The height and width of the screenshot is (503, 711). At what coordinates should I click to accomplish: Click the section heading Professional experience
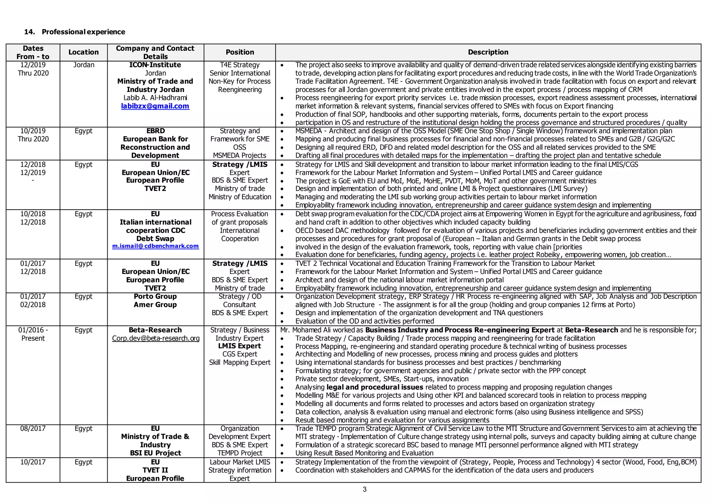pyautogui.click(x=83, y=32)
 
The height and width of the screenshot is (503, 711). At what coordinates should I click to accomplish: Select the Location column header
pyautogui.click(x=83, y=52)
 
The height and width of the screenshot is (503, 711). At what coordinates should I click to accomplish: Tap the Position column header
pyautogui.click(x=240, y=52)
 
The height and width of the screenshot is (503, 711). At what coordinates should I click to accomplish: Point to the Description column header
pyautogui.click(x=488, y=52)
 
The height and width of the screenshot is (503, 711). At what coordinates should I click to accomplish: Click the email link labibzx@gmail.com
pyautogui.click(x=155, y=106)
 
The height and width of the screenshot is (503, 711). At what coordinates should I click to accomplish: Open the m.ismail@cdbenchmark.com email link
pyautogui.click(x=155, y=246)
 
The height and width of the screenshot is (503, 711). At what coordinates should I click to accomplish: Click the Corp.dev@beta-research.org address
pyautogui.click(x=156, y=338)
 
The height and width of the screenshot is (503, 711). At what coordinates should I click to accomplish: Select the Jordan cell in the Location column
pyautogui.click(x=84, y=65)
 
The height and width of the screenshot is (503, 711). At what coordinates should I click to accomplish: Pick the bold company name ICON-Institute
pyautogui.click(x=155, y=65)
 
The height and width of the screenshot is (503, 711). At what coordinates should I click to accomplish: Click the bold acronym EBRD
pyautogui.click(x=155, y=131)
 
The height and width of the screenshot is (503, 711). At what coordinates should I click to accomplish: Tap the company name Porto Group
pyautogui.click(x=155, y=296)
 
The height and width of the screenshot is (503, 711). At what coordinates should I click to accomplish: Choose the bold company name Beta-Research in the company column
pyautogui.click(x=155, y=330)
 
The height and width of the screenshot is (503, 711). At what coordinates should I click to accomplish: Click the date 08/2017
pyautogui.click(x=33, y=429)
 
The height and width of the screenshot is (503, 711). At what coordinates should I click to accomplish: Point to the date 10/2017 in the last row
pyautogui.click(x=33, y=462)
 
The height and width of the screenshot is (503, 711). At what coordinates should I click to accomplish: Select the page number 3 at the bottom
pyautogui.click(x=365, y=490)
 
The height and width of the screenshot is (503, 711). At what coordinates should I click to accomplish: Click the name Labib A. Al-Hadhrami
pyautogui.click(x=155, y=98)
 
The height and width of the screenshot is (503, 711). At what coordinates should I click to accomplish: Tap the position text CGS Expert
pyautogui.click(x=240, y=354)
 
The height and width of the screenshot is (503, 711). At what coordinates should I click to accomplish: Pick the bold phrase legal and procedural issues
pyautogui.click(x=375, y=387)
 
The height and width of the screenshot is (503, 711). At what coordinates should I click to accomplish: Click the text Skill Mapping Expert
pyautogui.click(x=240, y=363)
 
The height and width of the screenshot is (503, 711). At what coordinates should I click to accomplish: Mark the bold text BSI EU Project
pyautogui.click(x=155, y=453)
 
